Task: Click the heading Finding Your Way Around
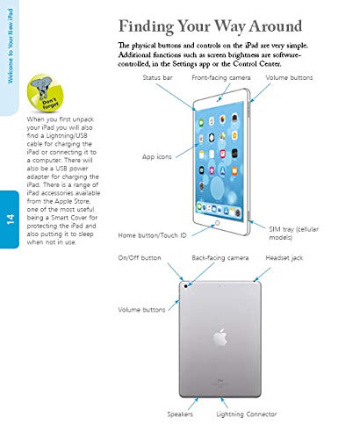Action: (210, 26)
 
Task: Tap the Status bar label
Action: (157, 77)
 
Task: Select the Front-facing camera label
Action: (221, 77)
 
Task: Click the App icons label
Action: (157, 157)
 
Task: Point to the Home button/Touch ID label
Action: (152, 235)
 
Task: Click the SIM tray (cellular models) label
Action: (293, 233)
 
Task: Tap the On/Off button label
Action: (140, 258)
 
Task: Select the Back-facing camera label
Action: (220, 258)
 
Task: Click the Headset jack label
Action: (284, 258)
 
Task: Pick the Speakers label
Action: (180, 414)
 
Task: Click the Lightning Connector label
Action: (247, 414)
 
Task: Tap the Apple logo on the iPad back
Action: (220, 338)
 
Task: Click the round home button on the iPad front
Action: (217, 223)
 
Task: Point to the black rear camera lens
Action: (185, 286)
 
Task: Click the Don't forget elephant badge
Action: (45, 93)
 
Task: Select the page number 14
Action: (11, 219)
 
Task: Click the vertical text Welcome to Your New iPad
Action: (11, 46)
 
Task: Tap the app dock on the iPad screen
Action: (219, 210)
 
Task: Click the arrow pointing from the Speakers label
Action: (193, 404)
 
